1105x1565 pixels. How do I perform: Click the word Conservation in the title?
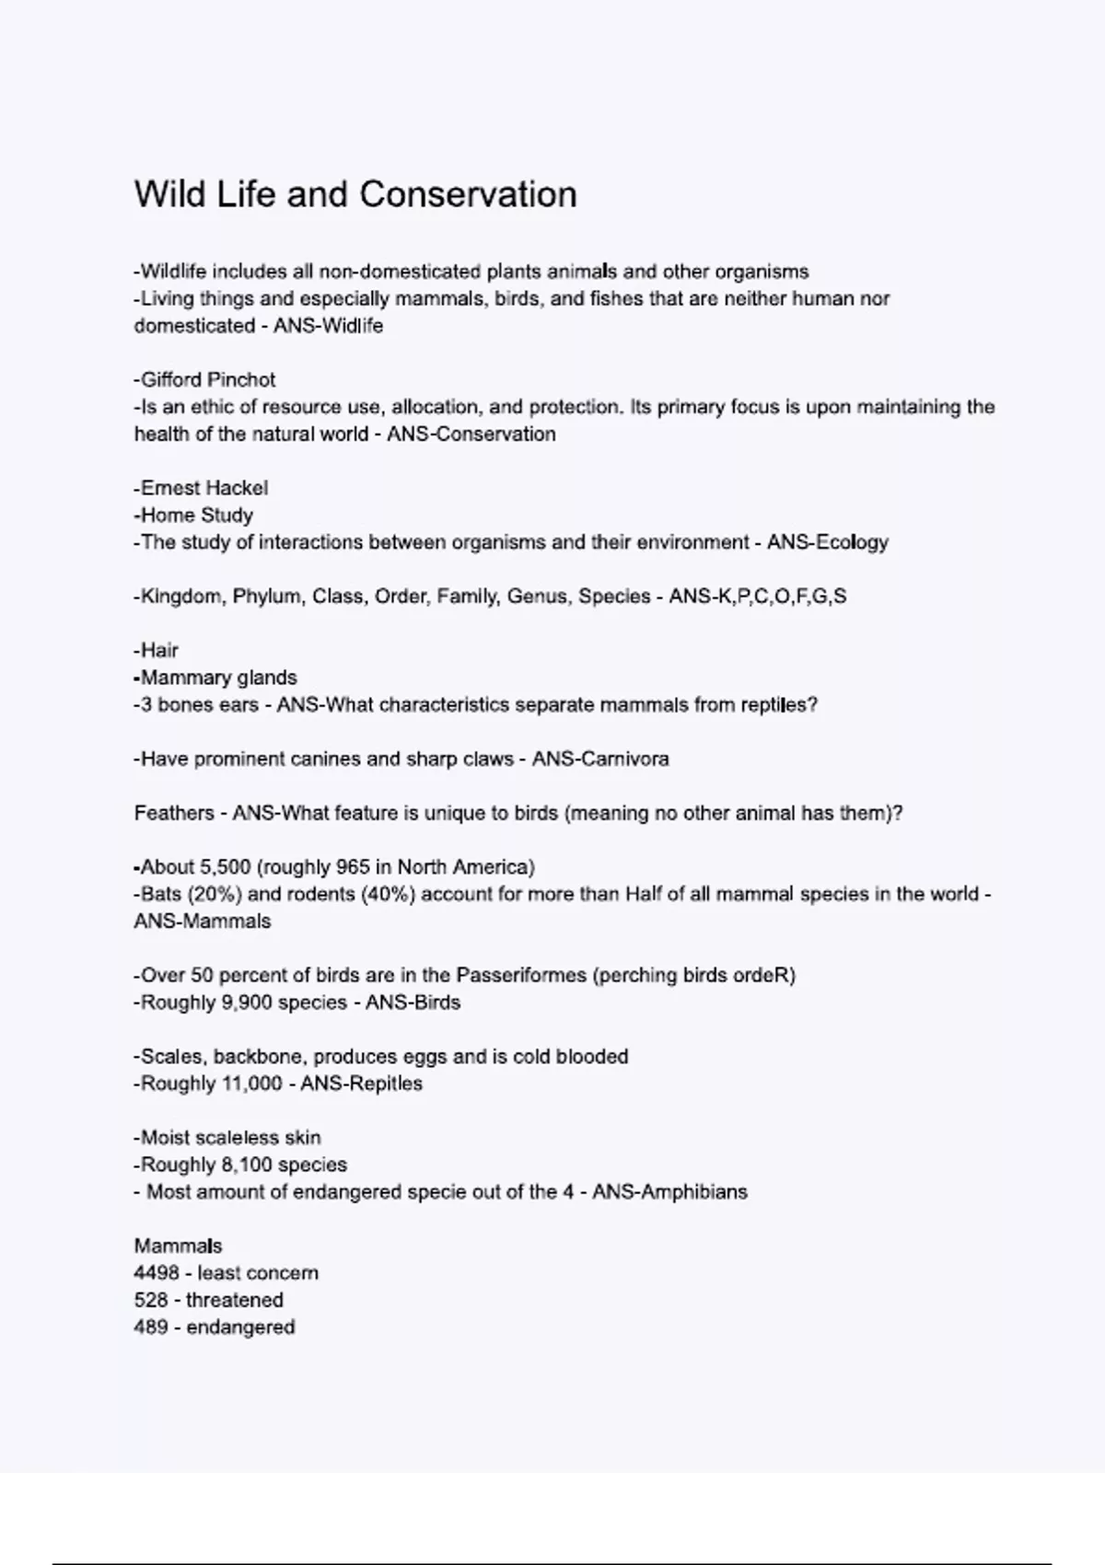(468, 195)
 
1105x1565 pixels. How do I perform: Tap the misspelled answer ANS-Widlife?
(328, 326)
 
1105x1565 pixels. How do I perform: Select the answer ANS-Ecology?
(827, 542)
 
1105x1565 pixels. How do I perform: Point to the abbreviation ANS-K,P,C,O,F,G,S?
(757, 597)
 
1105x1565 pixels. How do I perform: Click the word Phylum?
(266, 597)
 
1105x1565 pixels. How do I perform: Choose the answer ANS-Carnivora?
(600, 759)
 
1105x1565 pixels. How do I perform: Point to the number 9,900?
(246, 1003)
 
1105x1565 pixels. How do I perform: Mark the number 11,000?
(251, 1084)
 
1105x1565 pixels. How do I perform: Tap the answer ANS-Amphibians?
(669, 1192)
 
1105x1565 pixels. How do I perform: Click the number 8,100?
(246, 1165)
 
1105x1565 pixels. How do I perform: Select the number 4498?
(157, 1273)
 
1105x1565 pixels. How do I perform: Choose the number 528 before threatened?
(151, 1301)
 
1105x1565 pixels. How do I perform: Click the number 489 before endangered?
(151, 1327)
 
